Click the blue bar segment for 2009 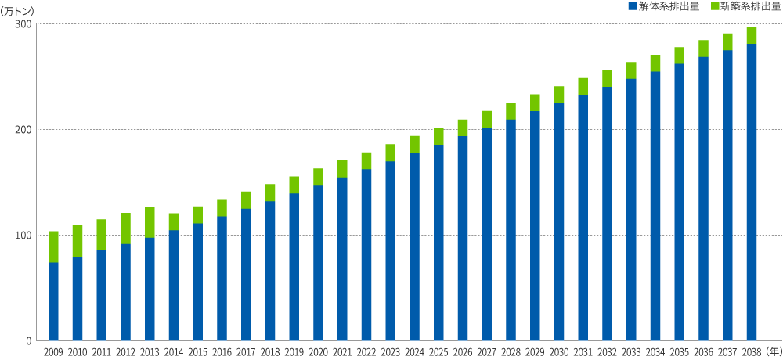coord(53,301)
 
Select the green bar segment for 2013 coord(150,222)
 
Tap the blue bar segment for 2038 coord(752,192)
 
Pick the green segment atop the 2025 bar coord(438,136)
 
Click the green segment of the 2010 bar coord(78,241)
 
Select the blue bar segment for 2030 coord(559,221)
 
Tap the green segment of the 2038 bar coord(752,35)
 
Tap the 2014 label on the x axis coord(174,351)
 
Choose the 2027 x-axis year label coord(486,351)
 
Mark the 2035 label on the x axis coord(679,351)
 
